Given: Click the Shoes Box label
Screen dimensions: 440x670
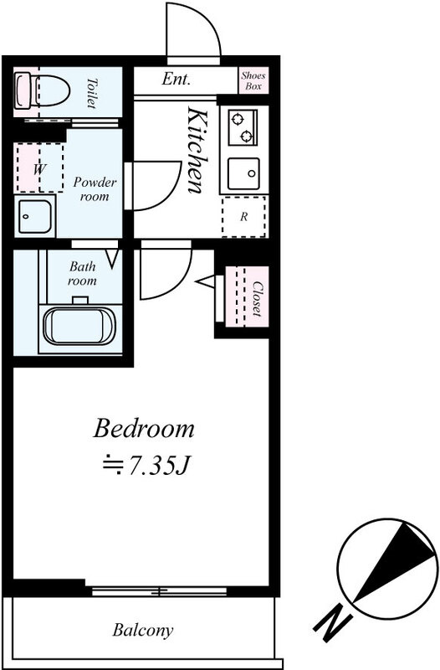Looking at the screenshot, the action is tap(253, 80).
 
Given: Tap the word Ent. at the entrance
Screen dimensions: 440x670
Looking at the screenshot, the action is tap(176, 79).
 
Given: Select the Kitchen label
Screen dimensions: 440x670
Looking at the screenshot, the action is tap(198, 151).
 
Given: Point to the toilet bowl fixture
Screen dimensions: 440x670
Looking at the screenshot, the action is tap(42, 90).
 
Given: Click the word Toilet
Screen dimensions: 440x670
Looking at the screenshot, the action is tap(91, 93).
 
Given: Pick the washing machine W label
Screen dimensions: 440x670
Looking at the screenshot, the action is tap(39, 169).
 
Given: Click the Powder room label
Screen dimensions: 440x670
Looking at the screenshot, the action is tap(95, 189).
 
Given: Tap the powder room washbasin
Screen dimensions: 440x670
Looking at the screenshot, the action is tap(35, 216).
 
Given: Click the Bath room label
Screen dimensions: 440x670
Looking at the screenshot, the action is tap(82, 274).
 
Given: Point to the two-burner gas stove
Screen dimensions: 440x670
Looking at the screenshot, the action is tap(243, 127).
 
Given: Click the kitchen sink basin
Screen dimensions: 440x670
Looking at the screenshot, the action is tap(243, 173).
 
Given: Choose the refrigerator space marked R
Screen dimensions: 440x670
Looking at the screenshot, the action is tap(244, 217).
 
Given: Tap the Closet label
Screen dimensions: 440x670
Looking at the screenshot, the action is tap(257, 298).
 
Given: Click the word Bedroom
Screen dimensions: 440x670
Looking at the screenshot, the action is tap(144, 428).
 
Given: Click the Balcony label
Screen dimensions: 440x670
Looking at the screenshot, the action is tap(143, 631).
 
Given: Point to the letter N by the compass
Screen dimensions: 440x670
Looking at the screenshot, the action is tap(333, 622).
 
